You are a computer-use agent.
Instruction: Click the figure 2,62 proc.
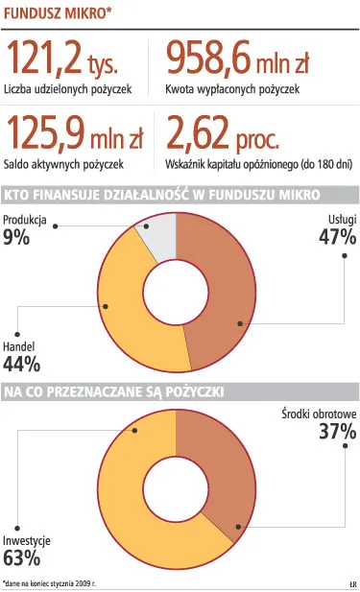pos(225,131)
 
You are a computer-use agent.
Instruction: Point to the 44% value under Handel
pos(21,364)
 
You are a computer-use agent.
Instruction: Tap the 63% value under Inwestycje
pos(21,557)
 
